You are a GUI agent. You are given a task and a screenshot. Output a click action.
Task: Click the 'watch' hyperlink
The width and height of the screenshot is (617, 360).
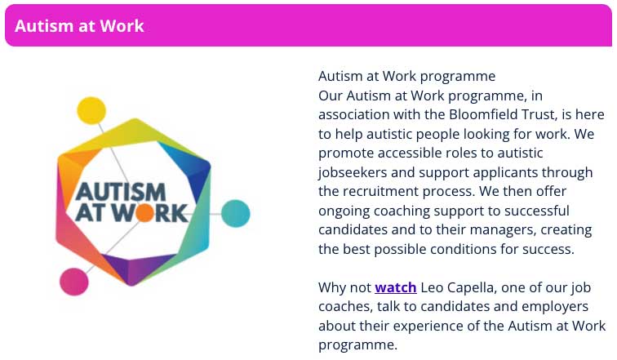click(396, 287)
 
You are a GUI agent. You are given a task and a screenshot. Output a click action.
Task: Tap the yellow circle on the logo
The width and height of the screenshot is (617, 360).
click(91, 110)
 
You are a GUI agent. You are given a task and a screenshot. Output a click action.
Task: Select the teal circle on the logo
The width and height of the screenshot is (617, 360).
click(235, 214)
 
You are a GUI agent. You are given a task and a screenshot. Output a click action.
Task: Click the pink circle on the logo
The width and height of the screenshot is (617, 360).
click(74, 282)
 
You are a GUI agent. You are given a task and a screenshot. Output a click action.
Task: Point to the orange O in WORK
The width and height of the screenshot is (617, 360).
click(144, 212)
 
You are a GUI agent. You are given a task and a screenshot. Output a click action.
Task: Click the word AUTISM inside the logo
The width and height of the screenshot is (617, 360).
click(121, 192)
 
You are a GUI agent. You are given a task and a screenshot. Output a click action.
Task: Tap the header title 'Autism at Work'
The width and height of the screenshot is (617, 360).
click(79, 26)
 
